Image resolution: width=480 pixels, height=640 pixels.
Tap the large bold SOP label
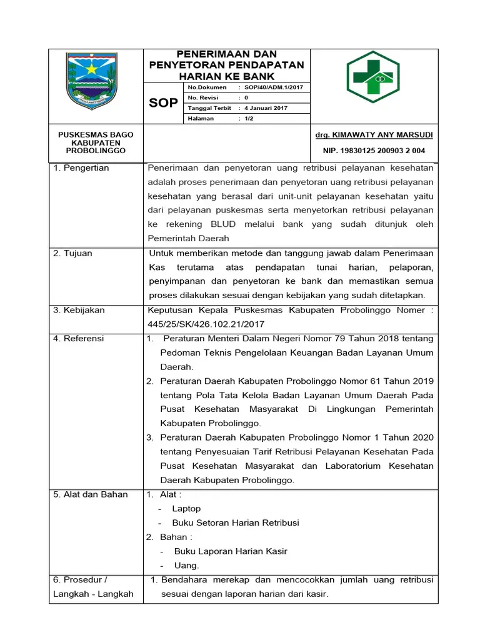163,103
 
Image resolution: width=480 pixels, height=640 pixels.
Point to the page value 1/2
249,119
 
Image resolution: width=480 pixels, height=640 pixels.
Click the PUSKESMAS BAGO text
96,135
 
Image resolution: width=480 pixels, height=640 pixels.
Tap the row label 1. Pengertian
81,168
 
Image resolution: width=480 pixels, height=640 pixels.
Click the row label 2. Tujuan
72,253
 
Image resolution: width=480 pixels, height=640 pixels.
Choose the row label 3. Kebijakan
79,310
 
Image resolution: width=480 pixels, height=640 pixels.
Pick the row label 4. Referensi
79,339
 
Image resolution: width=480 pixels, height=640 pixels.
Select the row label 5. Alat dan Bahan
91,494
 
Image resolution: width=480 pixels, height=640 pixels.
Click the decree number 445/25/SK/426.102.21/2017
206,324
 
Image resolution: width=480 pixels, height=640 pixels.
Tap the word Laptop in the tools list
186,509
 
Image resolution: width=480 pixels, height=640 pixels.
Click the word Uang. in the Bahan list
186,566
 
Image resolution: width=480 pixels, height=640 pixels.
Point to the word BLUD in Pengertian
222,224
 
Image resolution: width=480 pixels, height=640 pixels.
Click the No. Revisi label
202,98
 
